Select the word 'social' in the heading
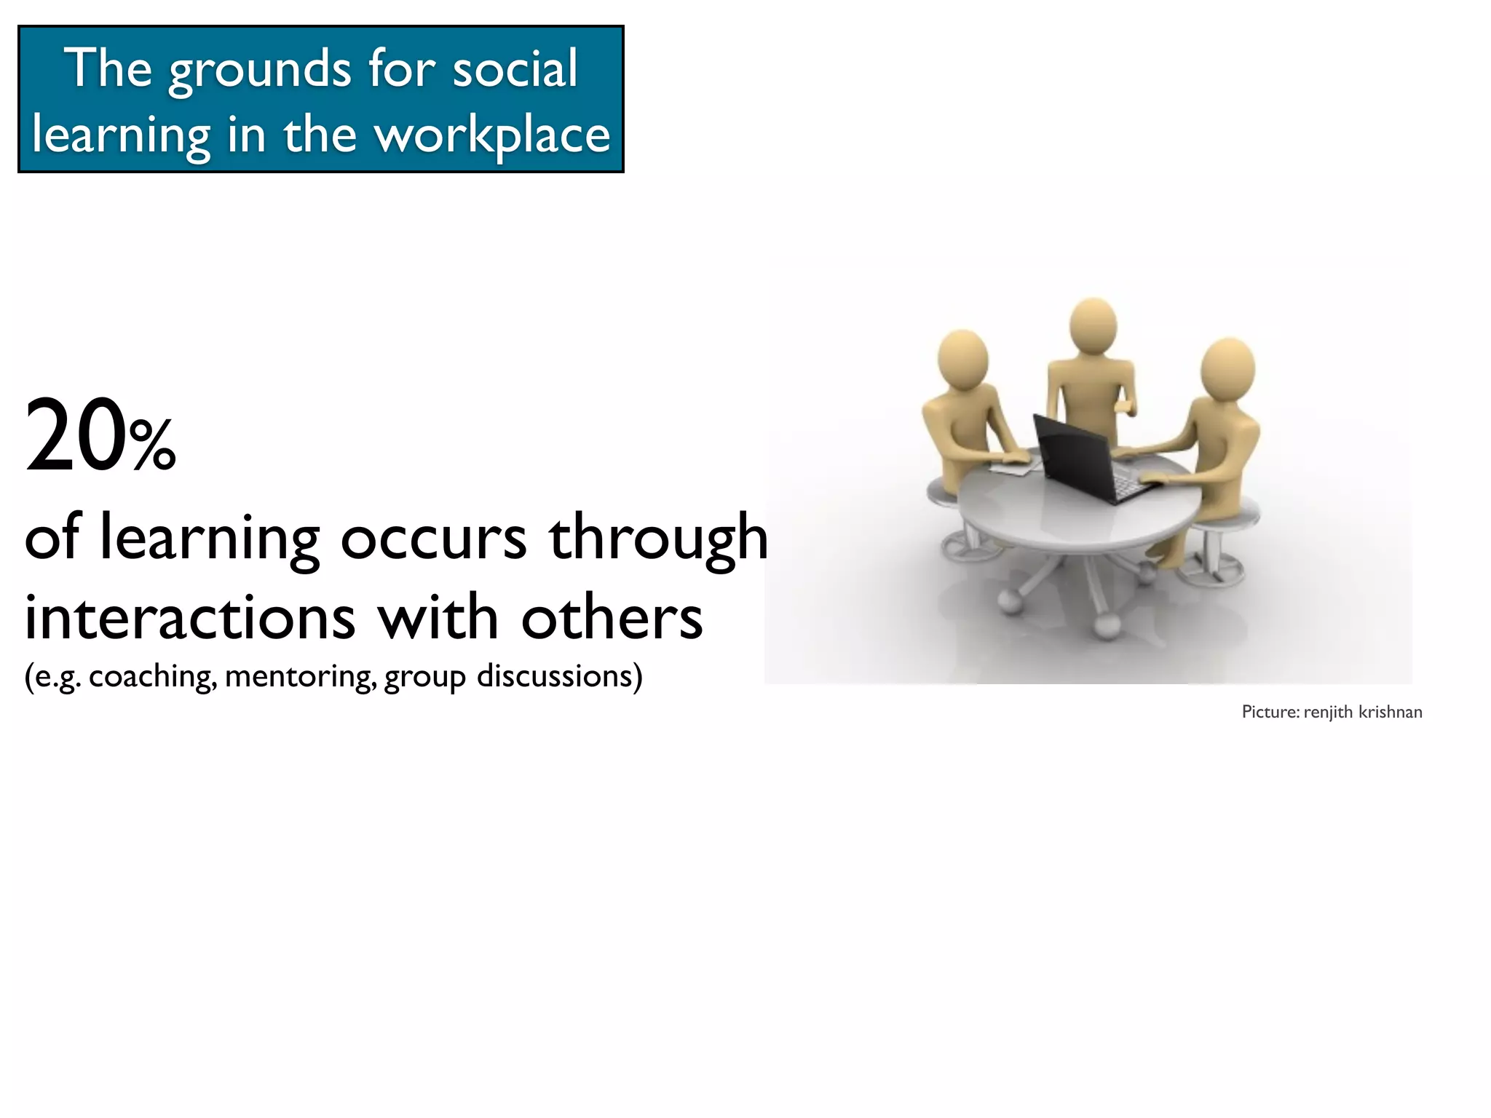click(x=515, y=68)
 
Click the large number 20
click(x=75, y=436)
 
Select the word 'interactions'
click(x=190, y=617)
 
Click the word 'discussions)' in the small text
click(x=559, y=675)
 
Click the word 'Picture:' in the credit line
click(x=1270, y=712)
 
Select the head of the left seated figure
click(x=962, y=359)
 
